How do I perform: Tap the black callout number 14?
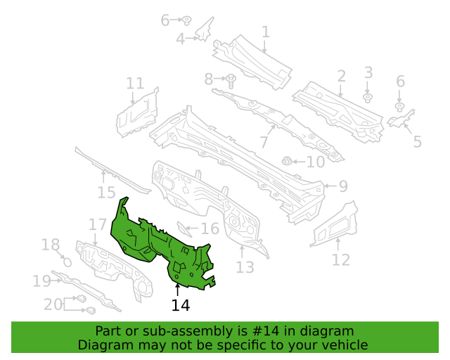[181, 305]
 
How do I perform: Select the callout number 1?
[266, 32]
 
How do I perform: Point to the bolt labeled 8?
[231, 82]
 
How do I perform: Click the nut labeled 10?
[286, 161]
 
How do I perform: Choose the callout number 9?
[343, 186]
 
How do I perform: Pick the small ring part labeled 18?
[67, 262]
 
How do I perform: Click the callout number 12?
[341, 260]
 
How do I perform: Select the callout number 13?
[245, 267]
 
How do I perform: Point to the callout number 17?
[98, 224]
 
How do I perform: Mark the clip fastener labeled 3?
[367, 98]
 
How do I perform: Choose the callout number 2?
[341, 77]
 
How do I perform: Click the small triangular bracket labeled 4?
[205, 30]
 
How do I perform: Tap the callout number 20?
[53, 304]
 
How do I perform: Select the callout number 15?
[106, 193]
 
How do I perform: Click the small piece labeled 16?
[184, 229]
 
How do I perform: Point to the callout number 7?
[264, 142]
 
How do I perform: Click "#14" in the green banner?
[266, 331]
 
